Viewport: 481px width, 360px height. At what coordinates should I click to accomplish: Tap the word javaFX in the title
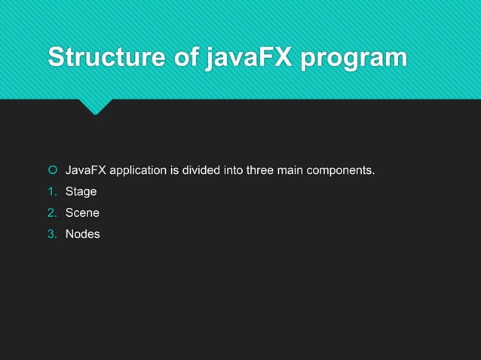[242, 57]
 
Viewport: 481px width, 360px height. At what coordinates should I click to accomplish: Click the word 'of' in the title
[177, 57]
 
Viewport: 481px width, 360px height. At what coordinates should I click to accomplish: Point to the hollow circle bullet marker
[53, 171]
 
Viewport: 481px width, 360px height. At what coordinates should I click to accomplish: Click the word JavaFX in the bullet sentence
[86, 171]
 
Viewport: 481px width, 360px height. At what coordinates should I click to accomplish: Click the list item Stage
[81, 192]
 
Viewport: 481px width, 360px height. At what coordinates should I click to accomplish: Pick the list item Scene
[82, 213]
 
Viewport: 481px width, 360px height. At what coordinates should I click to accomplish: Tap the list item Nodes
[82, 234]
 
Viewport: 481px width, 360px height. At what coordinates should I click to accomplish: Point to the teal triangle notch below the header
[95, 106]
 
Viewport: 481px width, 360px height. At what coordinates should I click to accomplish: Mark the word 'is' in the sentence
[176, 171]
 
